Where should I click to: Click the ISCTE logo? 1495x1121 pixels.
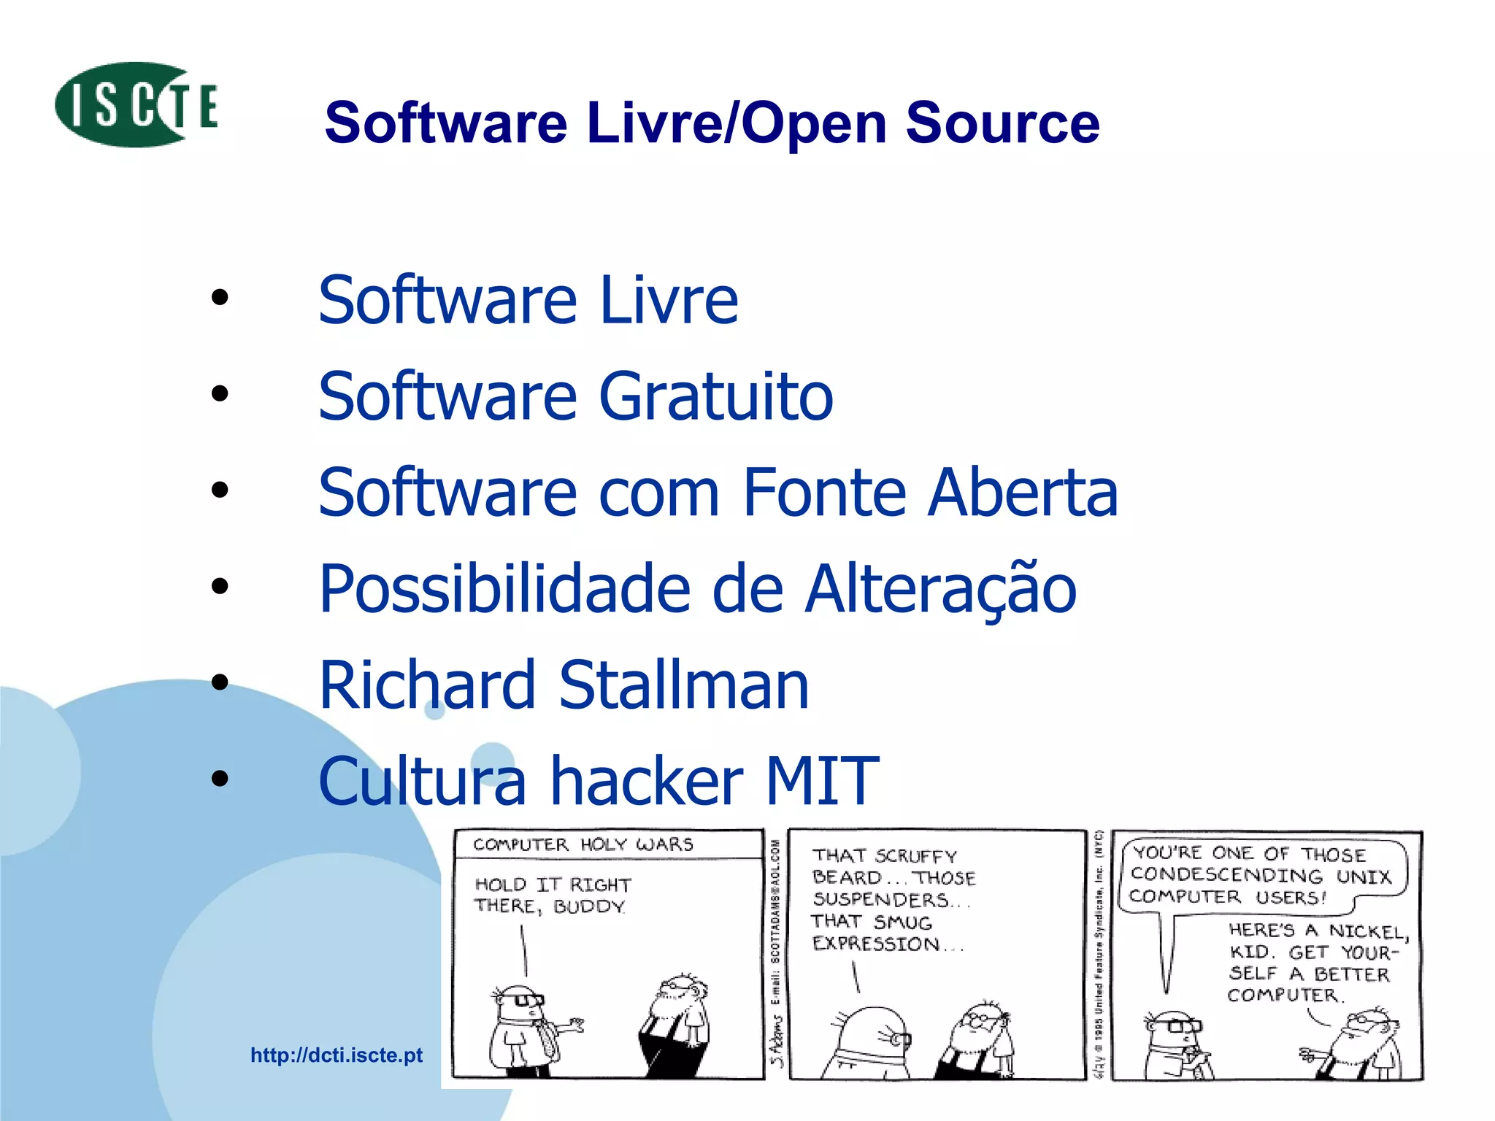coord(137,105)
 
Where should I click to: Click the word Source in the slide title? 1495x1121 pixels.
coord(1002,123)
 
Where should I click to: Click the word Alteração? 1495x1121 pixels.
coord(941,589)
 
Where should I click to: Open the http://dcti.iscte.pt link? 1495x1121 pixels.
coord(337,1055)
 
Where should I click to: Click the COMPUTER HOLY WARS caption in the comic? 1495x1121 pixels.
coord(583,844)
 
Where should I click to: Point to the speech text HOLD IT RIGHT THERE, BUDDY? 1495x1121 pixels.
coord(552,895)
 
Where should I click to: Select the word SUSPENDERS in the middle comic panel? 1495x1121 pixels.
coord(880,900)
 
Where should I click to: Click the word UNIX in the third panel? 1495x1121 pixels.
coord(1364,876)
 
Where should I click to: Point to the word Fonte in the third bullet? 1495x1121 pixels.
coord(826,493)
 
